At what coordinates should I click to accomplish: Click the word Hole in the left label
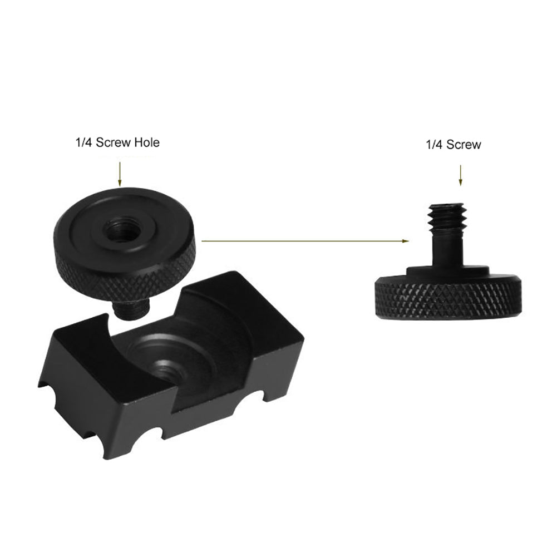coord(146,142)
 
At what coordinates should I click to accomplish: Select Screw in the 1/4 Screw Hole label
coord(113,142)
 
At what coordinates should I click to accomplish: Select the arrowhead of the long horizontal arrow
coord(405,241)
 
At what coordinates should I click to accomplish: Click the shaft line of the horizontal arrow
coord(300,241)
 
